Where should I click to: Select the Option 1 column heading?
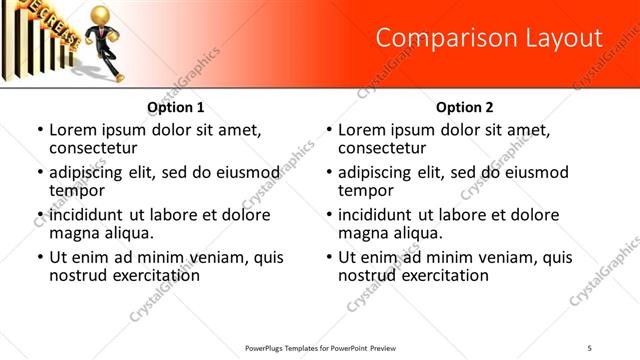176,107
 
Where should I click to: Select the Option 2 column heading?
465,107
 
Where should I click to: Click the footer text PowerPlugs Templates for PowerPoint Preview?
321,348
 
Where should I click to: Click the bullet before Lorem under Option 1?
40,131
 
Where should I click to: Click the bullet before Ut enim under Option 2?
329,257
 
